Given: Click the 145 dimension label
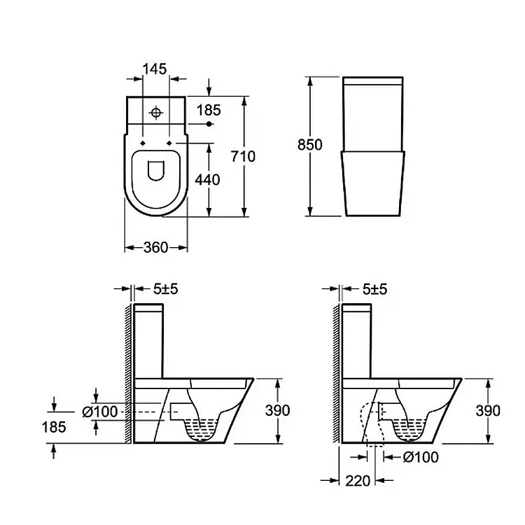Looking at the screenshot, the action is coord(155,69).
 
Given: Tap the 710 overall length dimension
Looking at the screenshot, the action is coord(243,156).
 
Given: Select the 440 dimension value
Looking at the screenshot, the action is coord(208,180).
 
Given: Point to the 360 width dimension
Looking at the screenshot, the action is coord(155,247).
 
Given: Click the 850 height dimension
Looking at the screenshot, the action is coord(310,145).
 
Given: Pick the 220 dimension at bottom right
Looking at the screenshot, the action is coord(358,481).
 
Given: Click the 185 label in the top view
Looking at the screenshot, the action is coord(209,110).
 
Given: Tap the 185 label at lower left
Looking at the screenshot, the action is coord(54,427).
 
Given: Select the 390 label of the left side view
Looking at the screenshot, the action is coord(278,410).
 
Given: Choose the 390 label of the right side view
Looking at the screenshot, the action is coord(488,410).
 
